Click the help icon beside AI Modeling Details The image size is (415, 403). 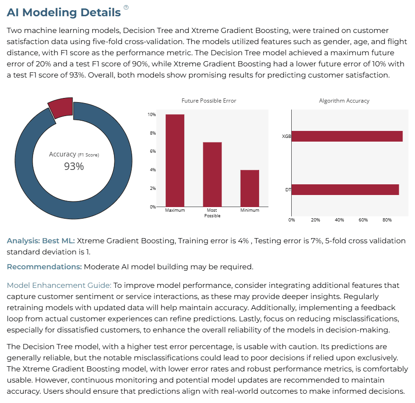(126, 7)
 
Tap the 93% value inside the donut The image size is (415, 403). (74, 166)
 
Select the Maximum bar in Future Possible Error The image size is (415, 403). (175, 161)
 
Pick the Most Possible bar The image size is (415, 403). (212, 174)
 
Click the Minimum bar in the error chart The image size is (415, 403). (249, 188)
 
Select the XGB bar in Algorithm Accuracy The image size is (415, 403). (347, 136)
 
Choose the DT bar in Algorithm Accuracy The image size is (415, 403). (345, 189)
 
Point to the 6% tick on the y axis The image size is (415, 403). (153, 151)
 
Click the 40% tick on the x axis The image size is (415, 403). (339, 220)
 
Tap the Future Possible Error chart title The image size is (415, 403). (209, 101)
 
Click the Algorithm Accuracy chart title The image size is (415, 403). (344, 101)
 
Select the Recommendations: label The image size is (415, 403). (44, 266)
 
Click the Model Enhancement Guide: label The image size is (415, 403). (59, 285)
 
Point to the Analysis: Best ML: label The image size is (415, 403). (41, 241)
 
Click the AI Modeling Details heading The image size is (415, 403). (64, 13)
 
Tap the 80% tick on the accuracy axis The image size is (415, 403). (387, 220)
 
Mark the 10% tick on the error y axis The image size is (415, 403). (152, 115)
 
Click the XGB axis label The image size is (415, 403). (287, 136)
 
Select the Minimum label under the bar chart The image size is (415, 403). (249, 210)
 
